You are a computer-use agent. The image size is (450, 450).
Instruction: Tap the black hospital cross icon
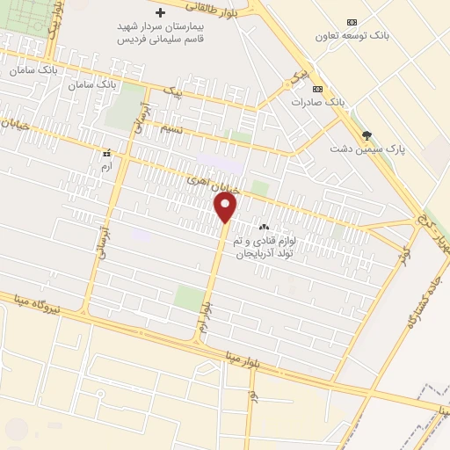(160, 13)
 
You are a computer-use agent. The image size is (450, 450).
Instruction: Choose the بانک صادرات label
(317, 102)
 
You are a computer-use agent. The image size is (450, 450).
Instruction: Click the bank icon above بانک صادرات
(317, 89)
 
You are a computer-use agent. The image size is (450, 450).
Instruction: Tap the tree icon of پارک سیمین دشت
(367, 134)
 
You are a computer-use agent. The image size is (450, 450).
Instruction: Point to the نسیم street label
(172, 129)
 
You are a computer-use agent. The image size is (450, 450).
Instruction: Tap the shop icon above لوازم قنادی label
(265, 228)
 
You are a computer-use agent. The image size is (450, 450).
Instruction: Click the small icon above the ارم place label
(107, 151)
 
